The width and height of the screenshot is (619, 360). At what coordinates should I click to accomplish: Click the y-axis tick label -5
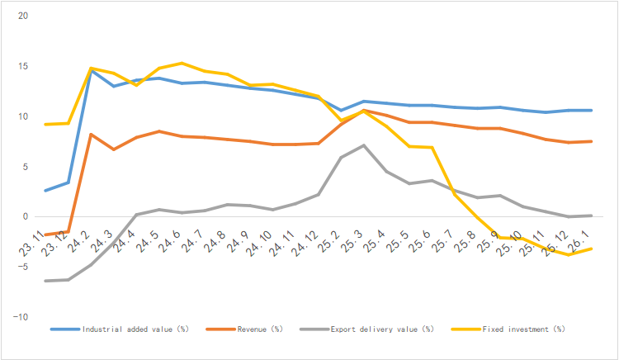(x=23, y=267)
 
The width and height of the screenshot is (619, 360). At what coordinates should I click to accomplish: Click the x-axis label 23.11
(x=34, y=242)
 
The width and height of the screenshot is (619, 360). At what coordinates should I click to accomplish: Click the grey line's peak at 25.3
(x=364, y=145)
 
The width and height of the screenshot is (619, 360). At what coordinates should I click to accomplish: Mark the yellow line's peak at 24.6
(x=182, y=63)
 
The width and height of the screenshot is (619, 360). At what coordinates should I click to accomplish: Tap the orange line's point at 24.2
(x=91, y=135)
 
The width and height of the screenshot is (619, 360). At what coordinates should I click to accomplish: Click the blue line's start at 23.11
(x=45, y=191)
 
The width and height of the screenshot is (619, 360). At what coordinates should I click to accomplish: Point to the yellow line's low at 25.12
(x=567, y=254)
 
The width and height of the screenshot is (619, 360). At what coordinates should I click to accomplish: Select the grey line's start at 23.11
(x=45, y=281)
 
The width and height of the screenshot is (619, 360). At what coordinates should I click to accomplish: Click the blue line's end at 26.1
(x=590, y=110)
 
